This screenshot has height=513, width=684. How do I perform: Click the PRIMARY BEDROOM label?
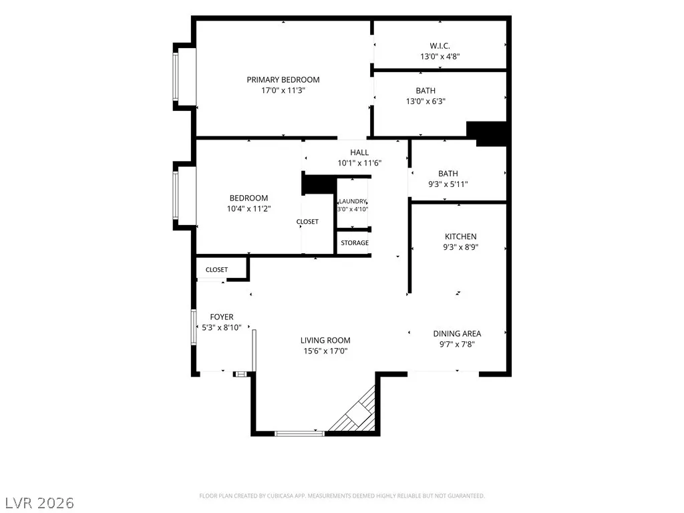283,80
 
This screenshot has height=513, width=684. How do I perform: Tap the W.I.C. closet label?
440,46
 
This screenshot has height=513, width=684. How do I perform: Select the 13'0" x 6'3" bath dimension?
425,102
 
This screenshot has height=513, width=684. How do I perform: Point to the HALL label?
359,152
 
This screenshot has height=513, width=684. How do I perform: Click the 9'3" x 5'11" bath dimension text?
448,184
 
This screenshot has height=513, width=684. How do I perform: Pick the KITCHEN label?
461,236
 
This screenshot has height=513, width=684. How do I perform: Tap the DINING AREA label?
457,334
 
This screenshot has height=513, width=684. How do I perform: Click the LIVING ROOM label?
325,340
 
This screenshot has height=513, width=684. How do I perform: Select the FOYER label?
222,317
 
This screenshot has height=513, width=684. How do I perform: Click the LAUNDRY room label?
353,202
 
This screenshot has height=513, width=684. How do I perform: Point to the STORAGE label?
355,243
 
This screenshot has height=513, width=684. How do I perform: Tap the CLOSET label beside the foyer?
217,270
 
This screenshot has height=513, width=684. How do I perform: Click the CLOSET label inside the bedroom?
307,222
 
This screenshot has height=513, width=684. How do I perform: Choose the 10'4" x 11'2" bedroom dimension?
248,208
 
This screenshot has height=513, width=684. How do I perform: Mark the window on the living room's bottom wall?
300,433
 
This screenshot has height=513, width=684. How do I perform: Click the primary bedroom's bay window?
176,76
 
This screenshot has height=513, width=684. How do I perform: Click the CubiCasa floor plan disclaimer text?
342,496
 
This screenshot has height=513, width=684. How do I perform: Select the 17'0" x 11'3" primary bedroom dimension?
283,91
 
